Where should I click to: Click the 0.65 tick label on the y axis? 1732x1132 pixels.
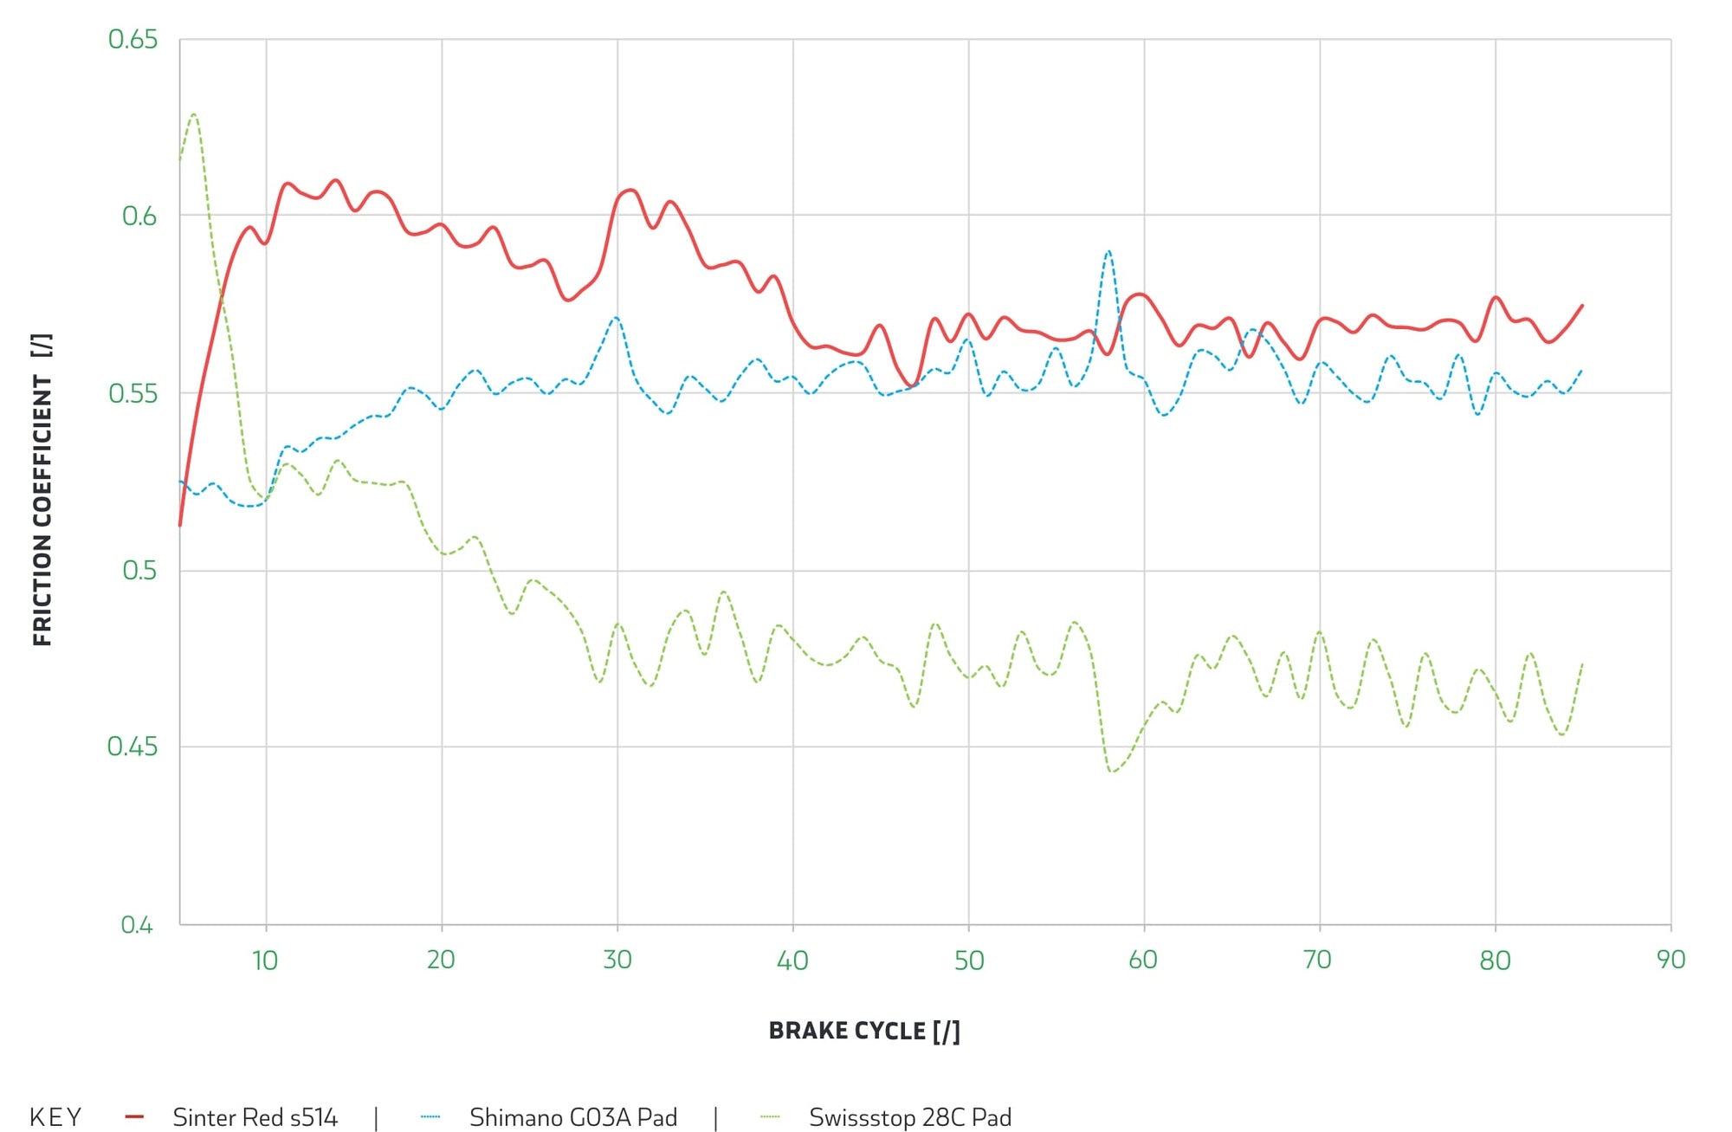point(132,40)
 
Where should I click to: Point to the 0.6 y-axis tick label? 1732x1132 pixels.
point(139,217)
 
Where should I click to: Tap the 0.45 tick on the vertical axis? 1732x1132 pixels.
point(132,747)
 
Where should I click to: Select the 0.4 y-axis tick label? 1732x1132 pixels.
point(137,925)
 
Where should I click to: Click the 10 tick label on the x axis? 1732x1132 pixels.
point(265,961)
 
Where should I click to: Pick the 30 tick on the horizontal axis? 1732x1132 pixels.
point(617,961)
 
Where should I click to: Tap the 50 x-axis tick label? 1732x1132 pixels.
point(969,961)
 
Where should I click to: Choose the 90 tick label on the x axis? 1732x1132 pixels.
point(1671,961)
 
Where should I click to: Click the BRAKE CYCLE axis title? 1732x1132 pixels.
point(864,1031)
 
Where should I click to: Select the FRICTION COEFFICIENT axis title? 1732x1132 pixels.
point(42,489)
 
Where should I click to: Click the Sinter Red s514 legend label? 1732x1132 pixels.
point(255,1117)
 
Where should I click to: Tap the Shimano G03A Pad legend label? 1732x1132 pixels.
point(573,1117)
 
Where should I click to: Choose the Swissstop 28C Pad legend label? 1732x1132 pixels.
point(910,1117)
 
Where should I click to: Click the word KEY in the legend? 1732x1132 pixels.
point(55,1117)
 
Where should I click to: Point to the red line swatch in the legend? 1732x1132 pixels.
point(134,1117)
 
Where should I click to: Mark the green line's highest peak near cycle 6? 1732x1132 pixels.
point(194,114)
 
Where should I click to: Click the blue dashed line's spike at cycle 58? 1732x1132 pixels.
point(1108,251)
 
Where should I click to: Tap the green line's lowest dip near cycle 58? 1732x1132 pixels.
point(1112,771)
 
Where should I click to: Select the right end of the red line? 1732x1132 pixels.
point(1582,306)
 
